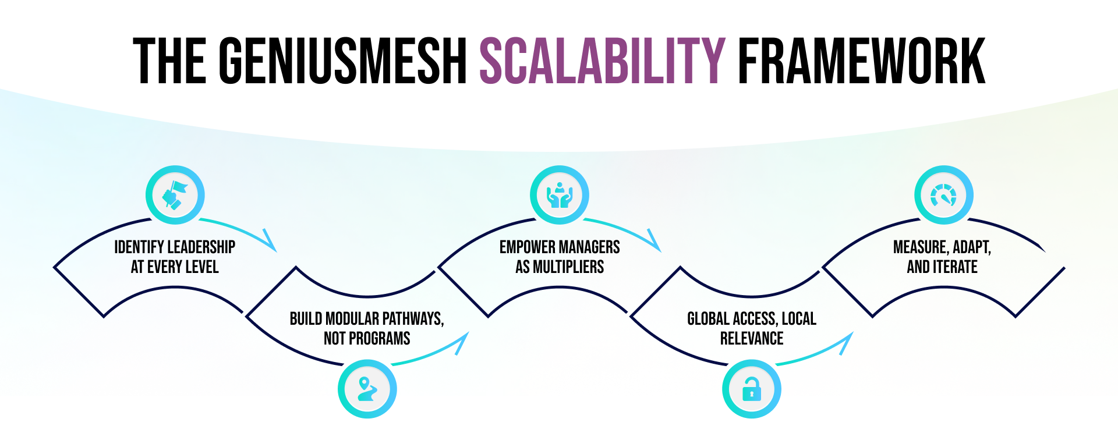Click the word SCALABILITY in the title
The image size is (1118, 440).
[x=602, y=61]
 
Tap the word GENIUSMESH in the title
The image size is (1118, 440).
[x=343, y=61]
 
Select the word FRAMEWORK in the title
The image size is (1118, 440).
[x=861, y=61]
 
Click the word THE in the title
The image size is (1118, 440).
[x=169, y=61]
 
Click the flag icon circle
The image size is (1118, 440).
[x=175, y=195]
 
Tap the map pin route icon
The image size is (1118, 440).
[x=367, y=389]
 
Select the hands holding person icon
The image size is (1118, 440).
[x=559, y=195]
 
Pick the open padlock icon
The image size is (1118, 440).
[x=751, y=389]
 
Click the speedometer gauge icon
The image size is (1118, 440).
[x=943, y=195]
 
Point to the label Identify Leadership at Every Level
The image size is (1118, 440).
[x=175, y=257]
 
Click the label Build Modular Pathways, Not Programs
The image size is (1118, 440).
[x=367, y=328]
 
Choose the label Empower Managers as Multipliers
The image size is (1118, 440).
[x=560, y=257]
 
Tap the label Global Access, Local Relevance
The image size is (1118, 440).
[x=752, y=328]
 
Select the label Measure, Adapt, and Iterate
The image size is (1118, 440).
[x=942, y=257]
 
